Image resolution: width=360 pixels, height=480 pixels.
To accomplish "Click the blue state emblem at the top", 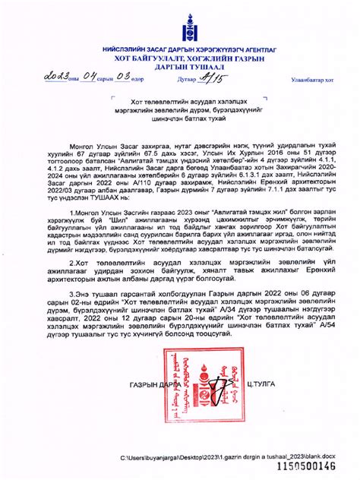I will click(179, 29).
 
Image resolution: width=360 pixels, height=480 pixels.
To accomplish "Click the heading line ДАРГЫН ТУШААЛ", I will click(179, 66).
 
